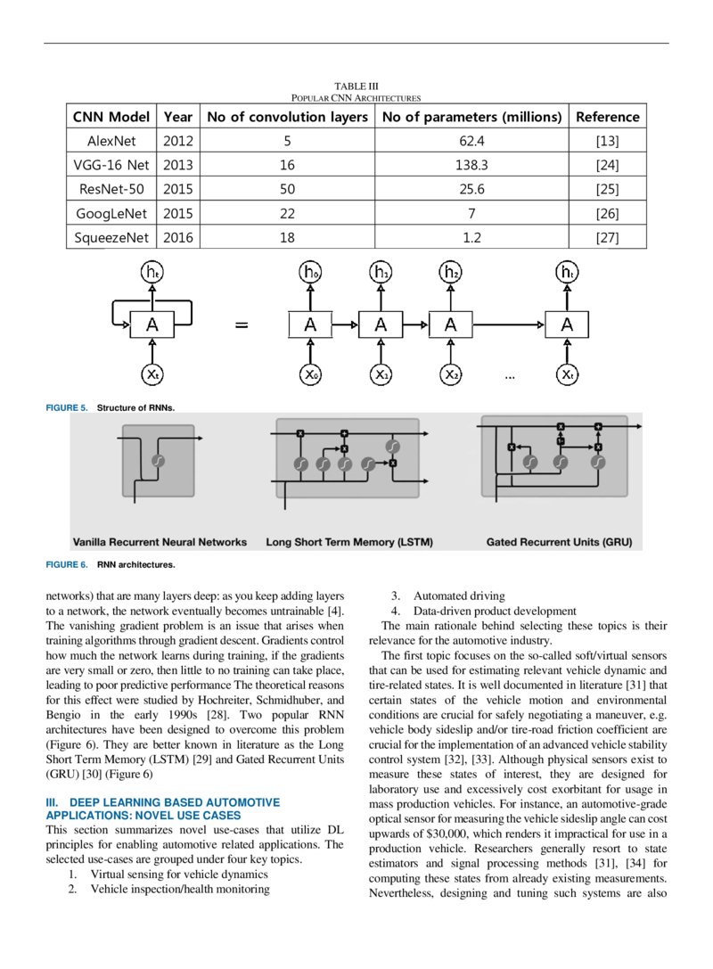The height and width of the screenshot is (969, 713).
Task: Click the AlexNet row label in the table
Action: (111, 141)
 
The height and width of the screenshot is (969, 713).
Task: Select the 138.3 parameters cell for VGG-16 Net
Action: (471, 165)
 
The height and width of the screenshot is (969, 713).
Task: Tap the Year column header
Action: (178, 117)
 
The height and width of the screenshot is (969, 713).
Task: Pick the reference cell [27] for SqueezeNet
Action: (607, 237)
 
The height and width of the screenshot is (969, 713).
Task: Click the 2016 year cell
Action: (178, 237)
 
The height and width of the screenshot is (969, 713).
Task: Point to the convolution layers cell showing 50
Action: (287, 189)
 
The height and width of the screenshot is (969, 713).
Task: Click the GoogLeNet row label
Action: (111, 213)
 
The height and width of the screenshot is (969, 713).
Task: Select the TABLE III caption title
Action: (356, 86)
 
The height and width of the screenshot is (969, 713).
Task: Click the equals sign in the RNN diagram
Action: (241, 325)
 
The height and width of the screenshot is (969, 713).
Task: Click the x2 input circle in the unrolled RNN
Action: (451, 374)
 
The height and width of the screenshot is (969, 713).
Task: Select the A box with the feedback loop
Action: (152, 324)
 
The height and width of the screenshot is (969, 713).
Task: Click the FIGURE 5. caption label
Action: (67, 407)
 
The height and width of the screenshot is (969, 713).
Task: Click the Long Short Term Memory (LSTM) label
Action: (342, 541)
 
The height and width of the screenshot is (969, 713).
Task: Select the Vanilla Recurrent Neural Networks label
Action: (160, 541)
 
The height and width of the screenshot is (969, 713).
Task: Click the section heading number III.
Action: (52, 802)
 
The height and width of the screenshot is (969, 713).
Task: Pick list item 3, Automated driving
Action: (458, 596)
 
